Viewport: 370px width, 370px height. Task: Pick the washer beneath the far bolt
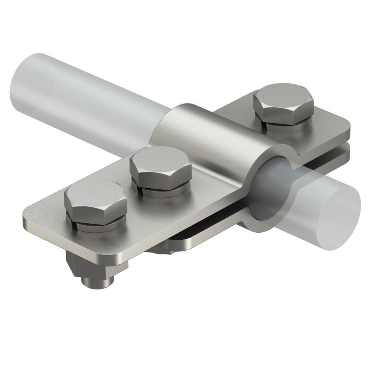(288, 125)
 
